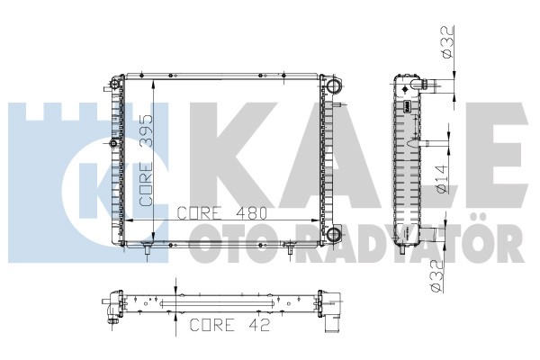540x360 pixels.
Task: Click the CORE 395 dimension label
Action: pyautogui.click(x=147, y=160)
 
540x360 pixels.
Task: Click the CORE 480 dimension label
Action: pyautogui.click(x=222, y=213)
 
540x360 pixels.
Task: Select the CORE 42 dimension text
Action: pyautogui.click(x=229, y=325)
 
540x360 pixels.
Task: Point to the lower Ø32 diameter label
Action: pyautogui.click(x=436, y=276)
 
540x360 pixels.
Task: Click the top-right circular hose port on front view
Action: pyautogui.click(x=333, y=85)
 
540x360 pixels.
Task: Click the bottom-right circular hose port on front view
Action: pyautogui.click(x=333, y=234)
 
